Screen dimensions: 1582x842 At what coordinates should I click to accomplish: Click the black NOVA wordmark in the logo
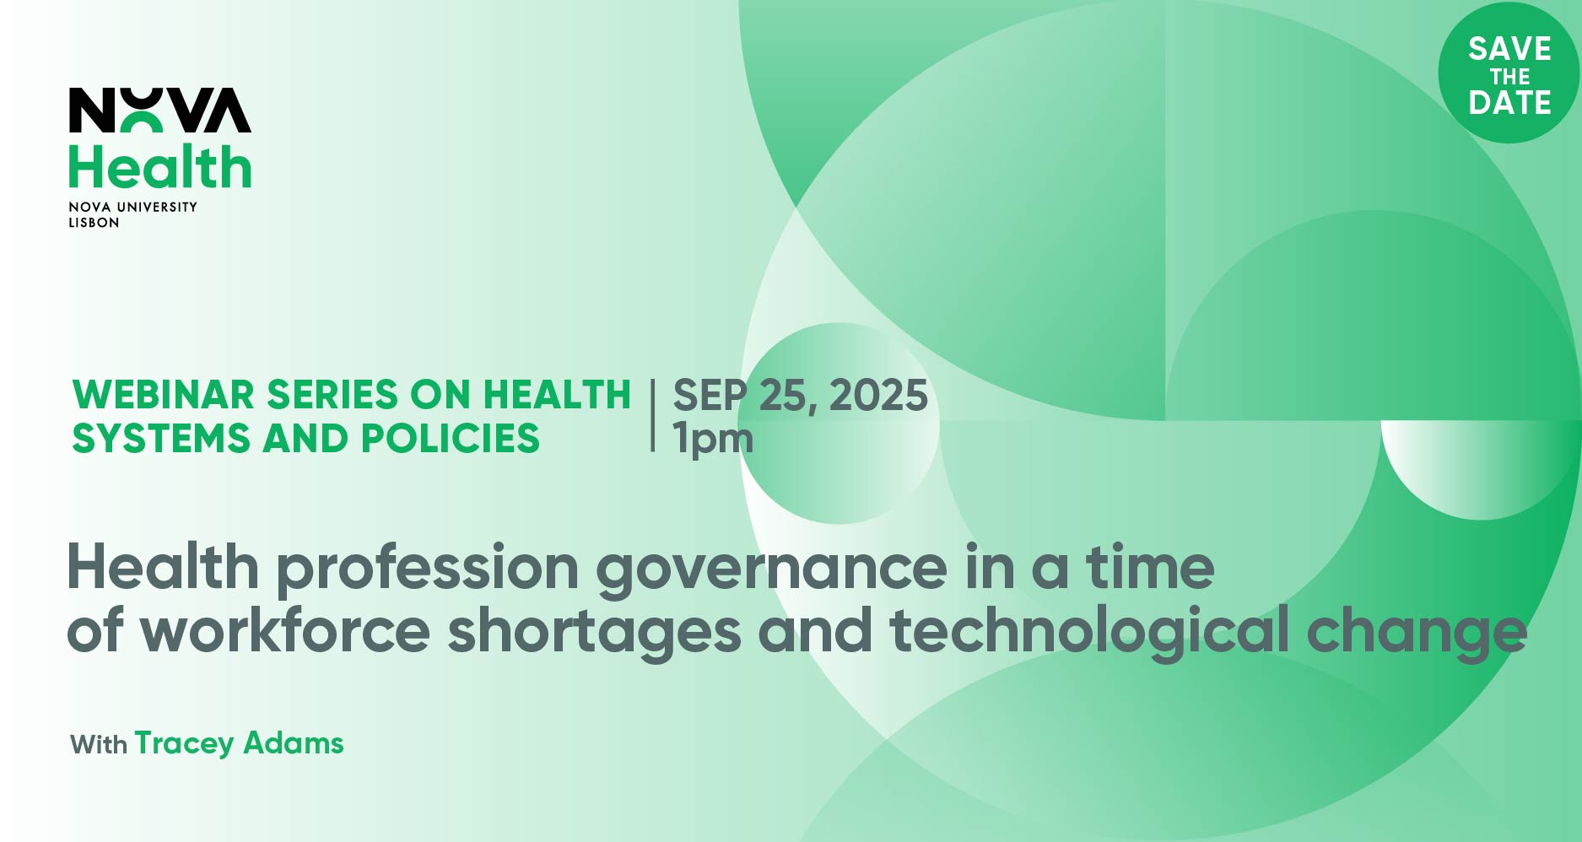click(159, 110)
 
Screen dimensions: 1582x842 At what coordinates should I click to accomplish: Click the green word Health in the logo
click(159, 167)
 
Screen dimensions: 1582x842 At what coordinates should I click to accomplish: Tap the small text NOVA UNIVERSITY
click(132, 207)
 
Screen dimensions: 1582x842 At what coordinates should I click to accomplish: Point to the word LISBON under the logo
click(94, 223)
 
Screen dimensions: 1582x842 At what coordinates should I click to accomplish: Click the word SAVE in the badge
click(1509, 49)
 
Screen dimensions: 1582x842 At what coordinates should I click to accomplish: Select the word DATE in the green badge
click(1509, 103)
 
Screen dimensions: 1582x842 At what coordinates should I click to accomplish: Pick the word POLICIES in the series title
click(450, 439)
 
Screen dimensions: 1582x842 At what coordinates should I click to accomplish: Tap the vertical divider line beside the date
click(653, 416)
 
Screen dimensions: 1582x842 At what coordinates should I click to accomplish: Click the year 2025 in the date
click(878, 396)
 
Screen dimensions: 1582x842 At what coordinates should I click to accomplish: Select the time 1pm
click(713, 440)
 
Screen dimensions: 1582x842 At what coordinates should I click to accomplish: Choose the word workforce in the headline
click(285, 631)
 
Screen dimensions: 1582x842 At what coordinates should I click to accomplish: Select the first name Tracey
click(184, 744)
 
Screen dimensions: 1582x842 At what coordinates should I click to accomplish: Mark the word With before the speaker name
click(99, 745)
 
